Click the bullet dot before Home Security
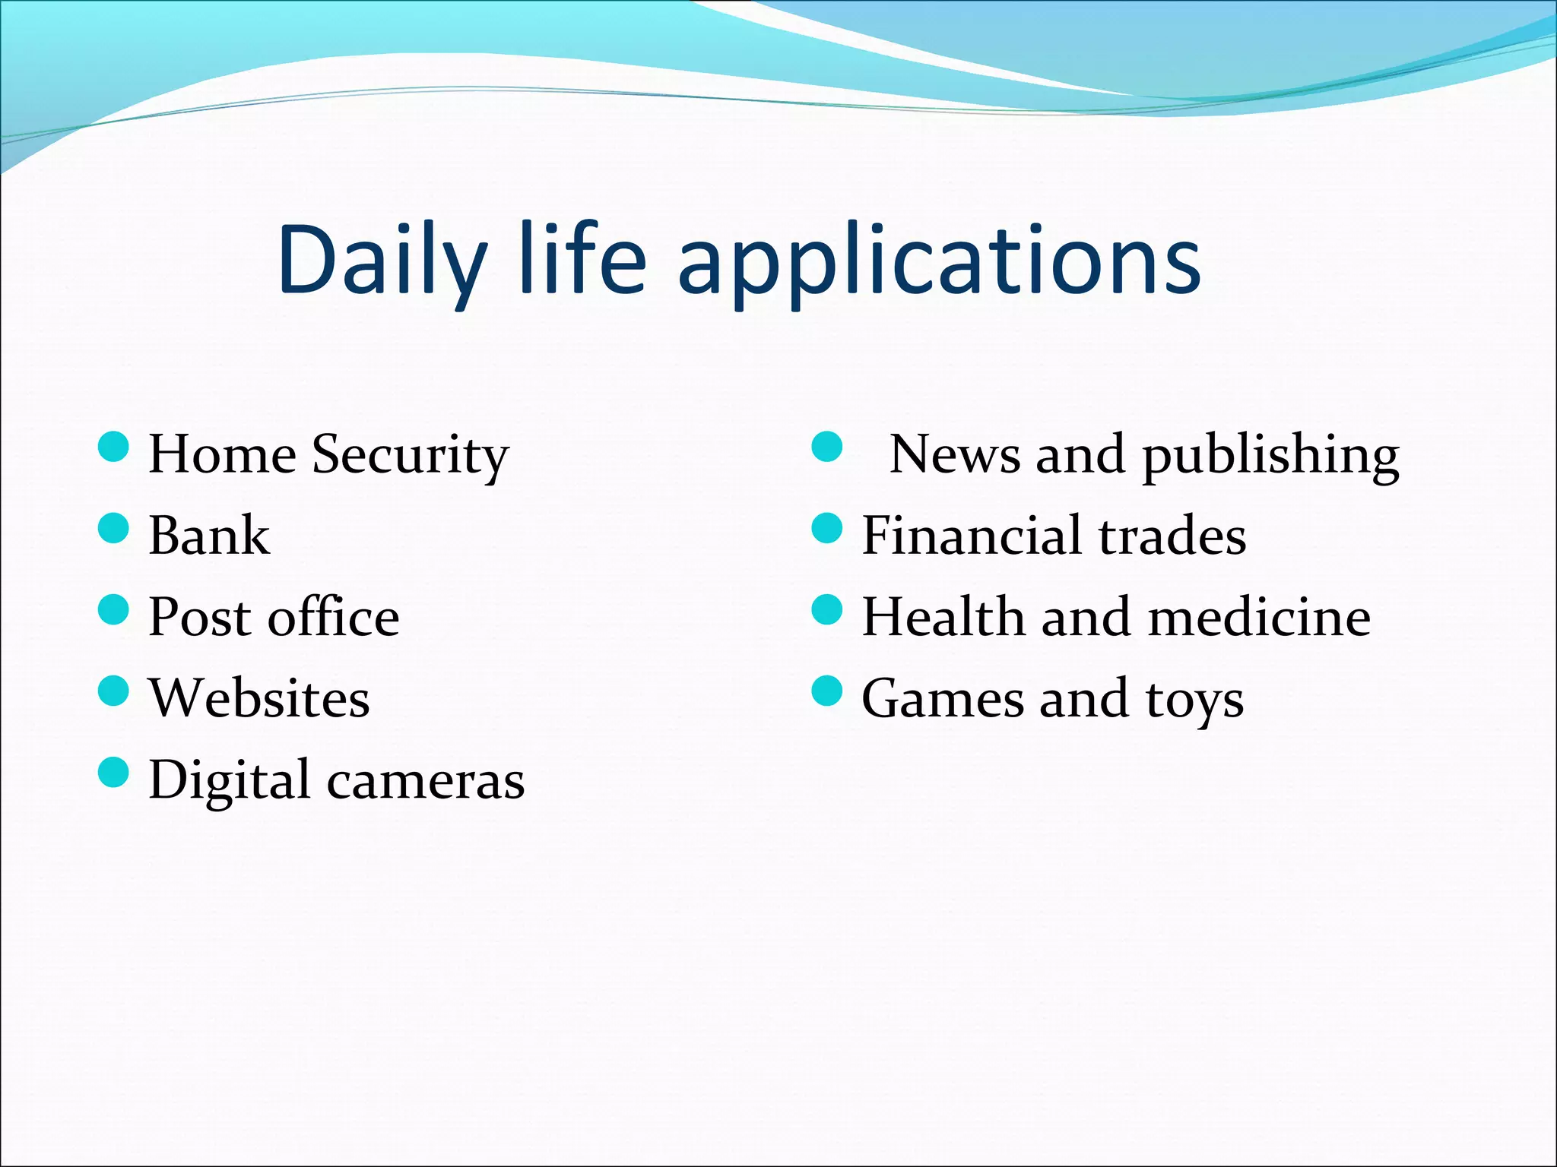[114, 447]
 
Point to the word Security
[411, 455]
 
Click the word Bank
[209, 536]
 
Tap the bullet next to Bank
[114, 528]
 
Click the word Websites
[259, 698]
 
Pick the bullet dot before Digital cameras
[114, 772]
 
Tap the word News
[955, 454]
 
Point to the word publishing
[1270, 456]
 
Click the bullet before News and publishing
[827, 447]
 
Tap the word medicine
[1259, 617]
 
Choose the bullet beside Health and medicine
[827, 609]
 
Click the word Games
[942, 698]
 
